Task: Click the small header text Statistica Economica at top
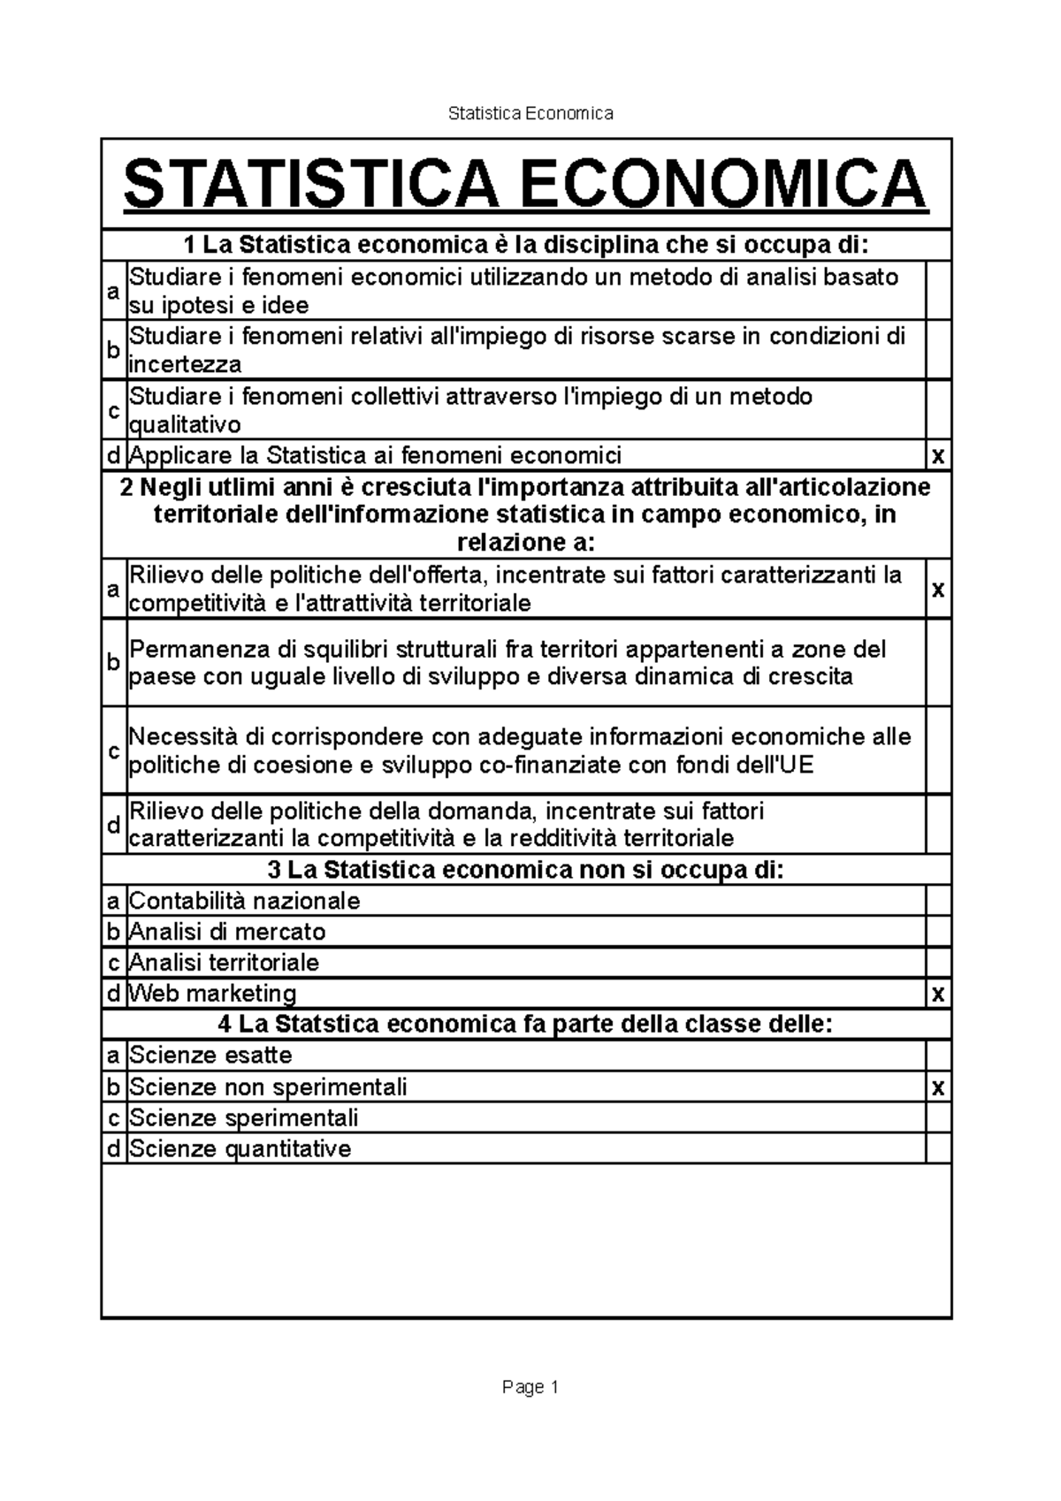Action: pos(530,113)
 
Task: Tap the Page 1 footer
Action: pos(530,1387)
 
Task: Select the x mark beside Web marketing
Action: pos(938,994)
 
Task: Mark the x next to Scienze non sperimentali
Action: pos(938,1088)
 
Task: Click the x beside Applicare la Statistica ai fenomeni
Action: pos(938,457)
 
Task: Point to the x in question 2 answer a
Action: pos(938,589)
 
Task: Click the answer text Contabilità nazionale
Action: pos(245,901)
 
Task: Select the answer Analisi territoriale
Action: pos(224,962)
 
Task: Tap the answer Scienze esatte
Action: pos(210,1055)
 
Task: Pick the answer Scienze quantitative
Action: pos(240,1148)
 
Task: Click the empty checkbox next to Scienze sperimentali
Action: pos(938,1117)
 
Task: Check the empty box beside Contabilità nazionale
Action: pos(938,901)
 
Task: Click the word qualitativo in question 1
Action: pos(185,425)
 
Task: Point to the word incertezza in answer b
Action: pos(185,364)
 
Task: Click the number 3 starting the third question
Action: pos(274,870)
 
